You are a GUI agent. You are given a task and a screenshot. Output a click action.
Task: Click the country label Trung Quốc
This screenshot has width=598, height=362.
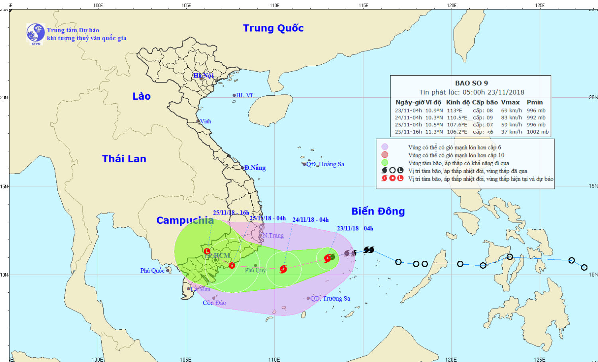pyautogui.click(x=273, y=28)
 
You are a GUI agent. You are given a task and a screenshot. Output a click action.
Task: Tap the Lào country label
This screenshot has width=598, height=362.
pyautogui.click(x=142, y=96)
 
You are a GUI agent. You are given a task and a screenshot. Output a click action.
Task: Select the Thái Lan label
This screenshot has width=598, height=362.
pyautogui.click(x=124, y=159)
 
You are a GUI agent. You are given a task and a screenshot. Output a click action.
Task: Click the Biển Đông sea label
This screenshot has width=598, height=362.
pyautogui.click(x=378, y=211)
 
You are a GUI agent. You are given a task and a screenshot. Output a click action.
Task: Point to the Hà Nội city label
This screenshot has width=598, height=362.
pyautogui.click(x=203, y=75)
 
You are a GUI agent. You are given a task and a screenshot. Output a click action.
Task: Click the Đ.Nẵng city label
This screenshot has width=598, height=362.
pyautogui.click(x=255, y=168)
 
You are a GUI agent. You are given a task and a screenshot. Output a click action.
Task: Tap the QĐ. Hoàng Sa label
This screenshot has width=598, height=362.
pyautogui.click(x=325, y=164)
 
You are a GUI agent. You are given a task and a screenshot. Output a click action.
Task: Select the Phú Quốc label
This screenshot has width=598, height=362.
pyautogui.click(x=152, y=271)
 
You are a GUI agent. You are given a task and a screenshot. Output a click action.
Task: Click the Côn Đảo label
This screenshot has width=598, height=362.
pyautogui.click(x=214, y=303)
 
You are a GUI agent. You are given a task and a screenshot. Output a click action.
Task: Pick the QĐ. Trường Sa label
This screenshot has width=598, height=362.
pyautogui.click(x=330, y=299)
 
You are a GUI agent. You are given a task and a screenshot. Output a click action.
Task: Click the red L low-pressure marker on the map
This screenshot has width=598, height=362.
pyautogui.click(x=207, y=251)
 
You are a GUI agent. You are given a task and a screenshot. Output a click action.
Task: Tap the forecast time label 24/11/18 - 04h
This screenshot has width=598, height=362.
pyautogui.click(x=311, y=220)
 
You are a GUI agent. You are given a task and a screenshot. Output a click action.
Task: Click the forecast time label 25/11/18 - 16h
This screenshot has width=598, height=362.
pyautogui.click(x=231, y=213)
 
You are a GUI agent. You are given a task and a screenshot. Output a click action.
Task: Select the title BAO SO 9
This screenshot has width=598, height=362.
pyautogui.click(x=471, y=83)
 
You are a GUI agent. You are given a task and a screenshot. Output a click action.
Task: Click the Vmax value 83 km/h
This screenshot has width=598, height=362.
pyautogui.click(x=511, y=118)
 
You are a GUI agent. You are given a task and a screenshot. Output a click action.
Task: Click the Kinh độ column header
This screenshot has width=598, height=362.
pyautogui.click(x=458, y=102)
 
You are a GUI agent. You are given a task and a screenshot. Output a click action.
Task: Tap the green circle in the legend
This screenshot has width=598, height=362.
pyautogui.click(x=385, y=163)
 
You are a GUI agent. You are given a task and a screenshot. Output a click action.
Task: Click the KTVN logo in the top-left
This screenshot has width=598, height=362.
pyautogui.click(x=35, y=33)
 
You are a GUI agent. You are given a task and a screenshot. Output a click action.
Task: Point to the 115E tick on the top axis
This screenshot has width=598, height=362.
pyautogui.click(x=363, y=5)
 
